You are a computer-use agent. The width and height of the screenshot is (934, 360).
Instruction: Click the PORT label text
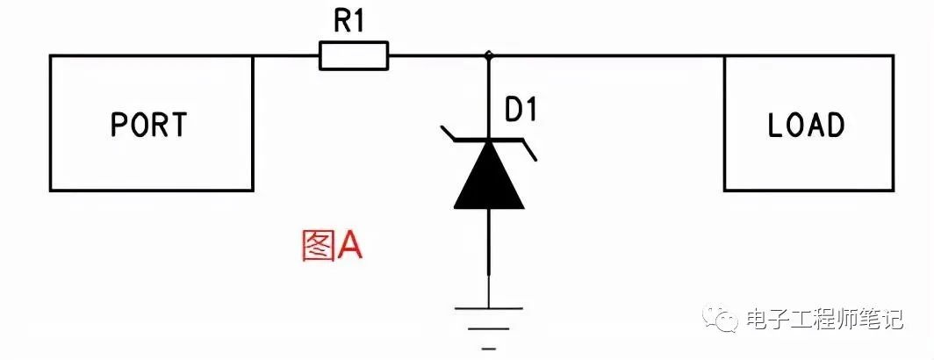pos(149,125)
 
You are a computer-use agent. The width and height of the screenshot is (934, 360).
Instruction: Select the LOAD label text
pos(806,125)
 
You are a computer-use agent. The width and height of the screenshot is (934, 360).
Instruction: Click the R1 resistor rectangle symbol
pos(354,55)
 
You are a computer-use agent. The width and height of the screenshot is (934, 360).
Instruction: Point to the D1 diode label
pos(521,111)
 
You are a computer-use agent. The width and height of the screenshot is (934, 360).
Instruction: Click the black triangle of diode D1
pos(489,175)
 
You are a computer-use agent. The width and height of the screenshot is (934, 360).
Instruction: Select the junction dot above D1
pos(489,55)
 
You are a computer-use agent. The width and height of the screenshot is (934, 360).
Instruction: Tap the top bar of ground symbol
pos(489,309)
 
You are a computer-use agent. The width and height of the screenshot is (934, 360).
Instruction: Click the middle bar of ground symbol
pos(489,328)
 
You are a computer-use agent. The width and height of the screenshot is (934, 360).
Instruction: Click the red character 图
pos(316,246)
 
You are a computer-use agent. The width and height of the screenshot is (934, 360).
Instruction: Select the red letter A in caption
pos(349,246)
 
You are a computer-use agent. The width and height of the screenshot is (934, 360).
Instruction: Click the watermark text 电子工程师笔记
pos(825,320)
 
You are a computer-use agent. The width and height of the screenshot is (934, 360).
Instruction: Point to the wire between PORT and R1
pos(286,56)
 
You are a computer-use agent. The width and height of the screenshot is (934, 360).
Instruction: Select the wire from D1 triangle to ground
pos(489,258)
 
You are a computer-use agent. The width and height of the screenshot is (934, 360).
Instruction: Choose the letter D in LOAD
pos(835,125)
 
